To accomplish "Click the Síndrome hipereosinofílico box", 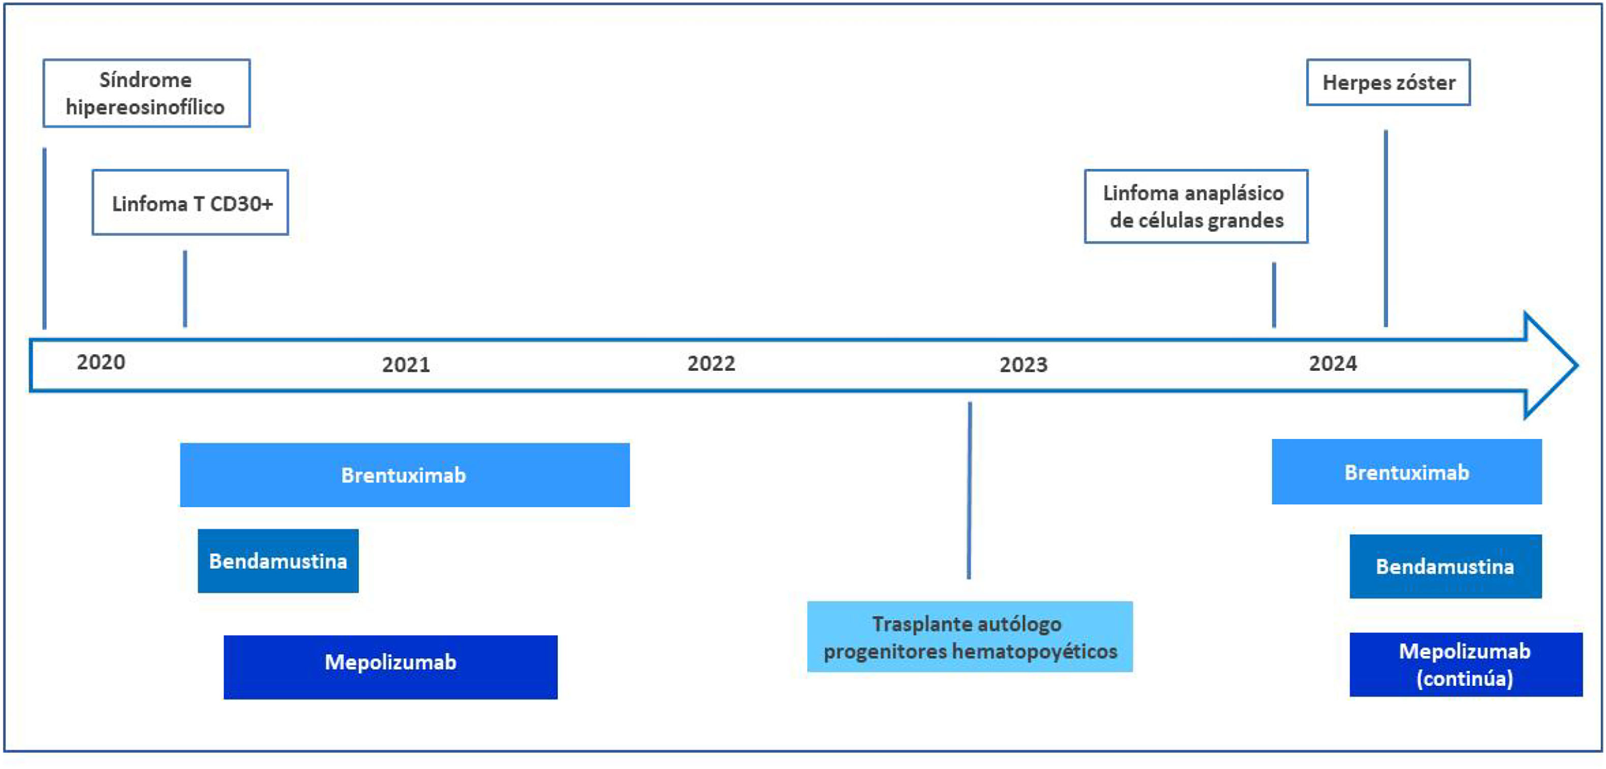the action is [x=146, y=94].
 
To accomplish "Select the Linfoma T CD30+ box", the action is [x=190, y=203].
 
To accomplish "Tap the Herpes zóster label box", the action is [x=1388, y=82].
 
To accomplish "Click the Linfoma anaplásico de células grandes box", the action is [x=1195, y=206].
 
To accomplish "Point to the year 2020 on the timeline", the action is [x=101, y=362].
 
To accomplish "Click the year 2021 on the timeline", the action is [x=406, y=365].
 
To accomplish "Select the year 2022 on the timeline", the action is [x=712, y=364].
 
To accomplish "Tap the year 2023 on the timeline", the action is [x=1024, y=365].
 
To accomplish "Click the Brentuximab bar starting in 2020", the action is [x=404, y=475].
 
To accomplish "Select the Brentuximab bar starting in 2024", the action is [x=1406, y=472].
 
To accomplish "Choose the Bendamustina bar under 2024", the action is [x=1445, y=566].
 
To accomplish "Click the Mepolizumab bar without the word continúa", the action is [x=390, y=667].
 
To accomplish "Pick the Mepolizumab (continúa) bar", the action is [x=1465, y=665].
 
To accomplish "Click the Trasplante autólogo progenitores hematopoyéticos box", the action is [x=970, y=637].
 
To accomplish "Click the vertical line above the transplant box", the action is [x=970, y=490].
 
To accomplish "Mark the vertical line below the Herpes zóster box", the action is [x=1385, y=228].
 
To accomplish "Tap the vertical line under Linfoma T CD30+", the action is [x=185, y=288].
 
